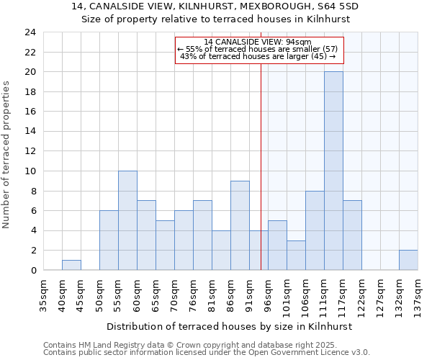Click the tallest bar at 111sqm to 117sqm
click(333, 171)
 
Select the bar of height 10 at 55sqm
click(127, 220)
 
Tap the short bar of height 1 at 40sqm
click(71, 265)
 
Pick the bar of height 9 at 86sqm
click(240, 225)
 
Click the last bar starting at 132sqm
click(408, 260)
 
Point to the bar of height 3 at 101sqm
click(296, 255)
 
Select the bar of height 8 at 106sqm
click(315, 230)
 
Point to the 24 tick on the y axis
click(30, 32)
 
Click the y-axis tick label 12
click(30, 151)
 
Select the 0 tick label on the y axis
click(33, 270)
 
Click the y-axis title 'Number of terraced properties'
click(6, 155)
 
